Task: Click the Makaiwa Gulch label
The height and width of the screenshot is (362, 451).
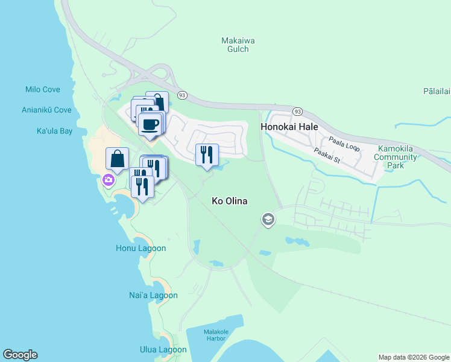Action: click(238, 45)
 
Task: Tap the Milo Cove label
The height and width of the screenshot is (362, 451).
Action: click(42, 89)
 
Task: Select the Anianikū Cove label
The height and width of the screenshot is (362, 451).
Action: click(46, 110)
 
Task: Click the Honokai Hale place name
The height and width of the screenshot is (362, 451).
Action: click(289, 127)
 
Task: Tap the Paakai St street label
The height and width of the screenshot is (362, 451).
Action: click(327, 157)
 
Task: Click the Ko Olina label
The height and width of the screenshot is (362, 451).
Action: click(230, 201)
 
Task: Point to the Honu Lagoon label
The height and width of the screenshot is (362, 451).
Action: click(140, 248)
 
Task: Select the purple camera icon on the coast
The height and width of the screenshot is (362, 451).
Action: click(108, 180)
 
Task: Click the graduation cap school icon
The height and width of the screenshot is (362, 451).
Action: click(268, 220)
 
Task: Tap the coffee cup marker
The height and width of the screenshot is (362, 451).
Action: click(150, 124)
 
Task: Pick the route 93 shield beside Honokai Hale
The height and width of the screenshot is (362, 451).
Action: click(297, 112)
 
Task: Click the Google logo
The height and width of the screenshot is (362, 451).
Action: click(20, 355)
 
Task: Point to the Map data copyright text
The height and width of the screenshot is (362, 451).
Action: click(413, 357)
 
